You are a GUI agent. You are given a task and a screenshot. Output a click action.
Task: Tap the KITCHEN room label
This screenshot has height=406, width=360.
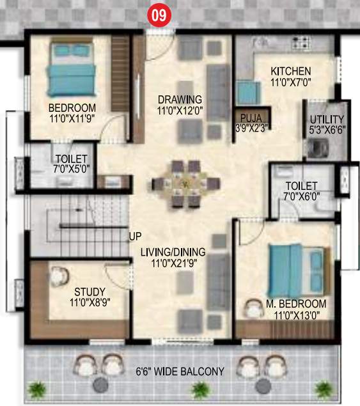pos(290,71)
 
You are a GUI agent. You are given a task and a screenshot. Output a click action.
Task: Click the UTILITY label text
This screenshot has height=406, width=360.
pos(327,120)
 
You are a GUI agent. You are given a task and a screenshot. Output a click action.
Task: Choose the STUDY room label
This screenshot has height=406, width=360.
pos(89,292)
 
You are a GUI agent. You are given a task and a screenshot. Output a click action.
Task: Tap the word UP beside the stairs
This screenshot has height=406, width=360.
pos(135,236)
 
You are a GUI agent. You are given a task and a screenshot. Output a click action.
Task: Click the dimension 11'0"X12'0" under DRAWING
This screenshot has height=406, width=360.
pos(180,111)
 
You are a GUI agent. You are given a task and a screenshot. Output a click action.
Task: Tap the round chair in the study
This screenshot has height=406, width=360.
pos(59,277)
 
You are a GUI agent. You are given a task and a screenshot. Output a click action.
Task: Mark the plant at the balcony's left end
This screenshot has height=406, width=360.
pos(38,388)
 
